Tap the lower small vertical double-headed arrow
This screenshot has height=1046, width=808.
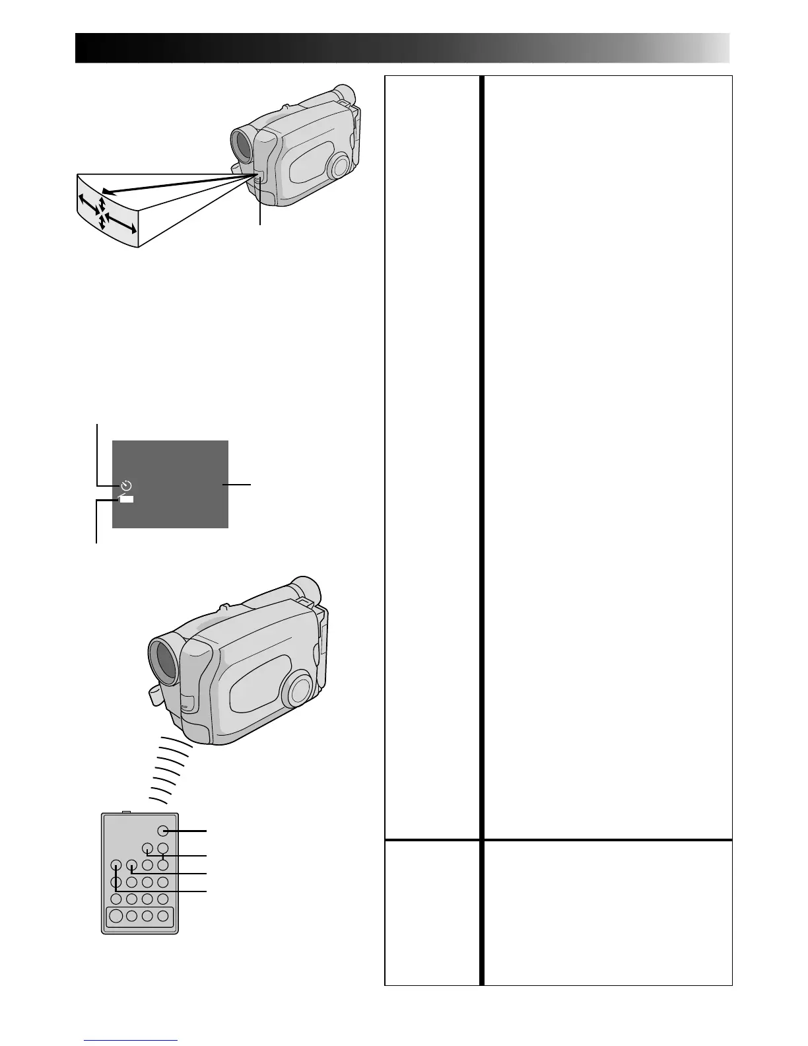pos(102,223)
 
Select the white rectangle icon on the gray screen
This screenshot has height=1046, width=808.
pos(126,499)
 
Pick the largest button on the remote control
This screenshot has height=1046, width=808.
pos(116,916)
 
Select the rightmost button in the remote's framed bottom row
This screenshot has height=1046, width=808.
pos(162,916)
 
